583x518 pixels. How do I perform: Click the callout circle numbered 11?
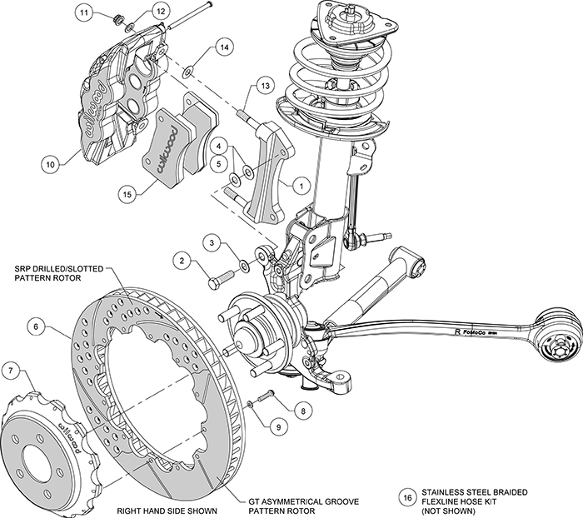tap(84, 13)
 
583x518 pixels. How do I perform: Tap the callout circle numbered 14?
tap(222, 48)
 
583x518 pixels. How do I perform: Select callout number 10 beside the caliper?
tap(51, 165)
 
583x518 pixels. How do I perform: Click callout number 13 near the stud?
tap(263, 85)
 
